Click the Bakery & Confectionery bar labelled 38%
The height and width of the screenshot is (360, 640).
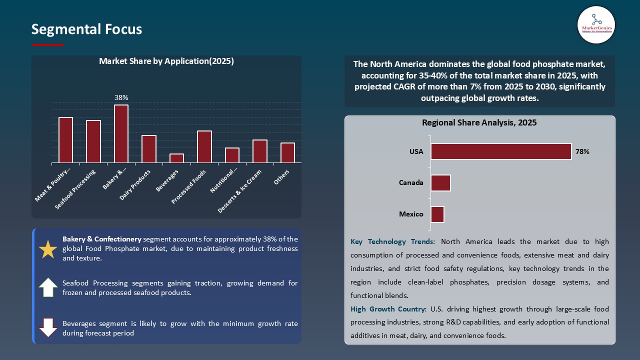click(x=121, y=133)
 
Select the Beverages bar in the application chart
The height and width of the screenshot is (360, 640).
click(x=176, y=158)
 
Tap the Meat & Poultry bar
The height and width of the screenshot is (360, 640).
click(x=65, y=140)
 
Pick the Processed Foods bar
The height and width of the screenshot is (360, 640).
click(x=204, y=146)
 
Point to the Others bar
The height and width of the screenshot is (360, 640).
click(x=287, y=152)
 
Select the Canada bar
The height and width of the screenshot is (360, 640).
click(x=440, y=183)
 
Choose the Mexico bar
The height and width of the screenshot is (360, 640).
click(x=437, y=214)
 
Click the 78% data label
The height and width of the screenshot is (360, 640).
click(x=582, y=151)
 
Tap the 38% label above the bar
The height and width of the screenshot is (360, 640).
click(x=121, y=97)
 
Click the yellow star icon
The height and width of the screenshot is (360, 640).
click(x=48, y=249)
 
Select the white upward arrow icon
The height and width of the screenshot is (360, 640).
click(x=48, y=287)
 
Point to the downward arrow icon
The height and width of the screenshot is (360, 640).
click(x=48, y=327)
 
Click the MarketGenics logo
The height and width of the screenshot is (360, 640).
click(x=596, y=25)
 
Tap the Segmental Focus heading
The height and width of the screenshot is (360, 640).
click(x=86, y=29)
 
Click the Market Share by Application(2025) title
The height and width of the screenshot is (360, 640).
click(x=166, y=61)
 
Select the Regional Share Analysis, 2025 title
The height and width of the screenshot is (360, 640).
click(x=479, y=122)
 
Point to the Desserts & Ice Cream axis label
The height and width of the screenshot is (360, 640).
click(x=240, y=190)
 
